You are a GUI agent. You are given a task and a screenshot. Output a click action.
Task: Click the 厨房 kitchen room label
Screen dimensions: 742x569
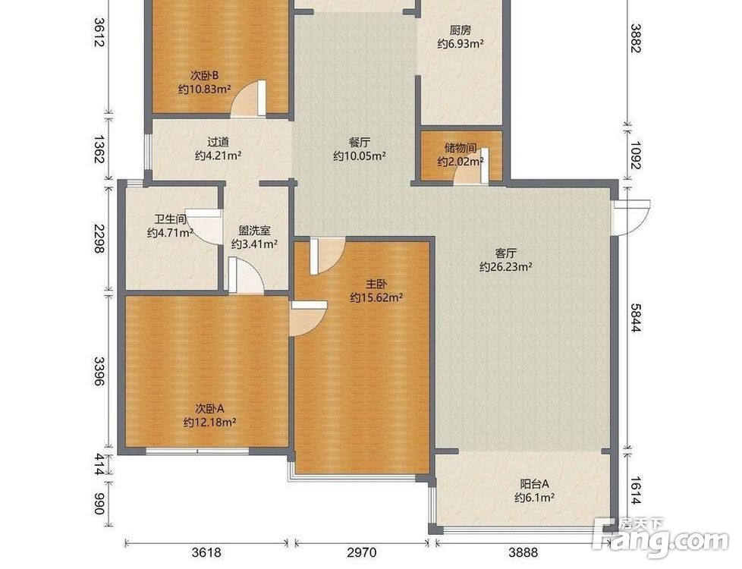point(460,31)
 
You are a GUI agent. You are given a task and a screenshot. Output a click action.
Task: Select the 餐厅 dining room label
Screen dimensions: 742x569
point(359,142)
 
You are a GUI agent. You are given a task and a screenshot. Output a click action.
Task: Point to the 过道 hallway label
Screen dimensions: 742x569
point(219,142)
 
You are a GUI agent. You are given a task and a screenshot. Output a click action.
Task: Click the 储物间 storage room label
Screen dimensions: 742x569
point(460,148)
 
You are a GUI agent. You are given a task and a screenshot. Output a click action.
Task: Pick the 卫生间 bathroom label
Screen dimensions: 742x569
point(171,219)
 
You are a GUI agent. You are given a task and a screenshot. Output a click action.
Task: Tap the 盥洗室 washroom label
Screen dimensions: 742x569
point(254,231)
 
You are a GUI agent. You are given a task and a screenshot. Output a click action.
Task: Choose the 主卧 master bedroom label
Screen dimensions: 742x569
point(376,284)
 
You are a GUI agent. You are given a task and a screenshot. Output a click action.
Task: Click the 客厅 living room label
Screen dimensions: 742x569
point(506,253)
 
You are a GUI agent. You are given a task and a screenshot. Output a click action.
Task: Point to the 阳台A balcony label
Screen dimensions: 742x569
point(534,484)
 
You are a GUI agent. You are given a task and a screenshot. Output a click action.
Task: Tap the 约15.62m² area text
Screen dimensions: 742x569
point(376,297)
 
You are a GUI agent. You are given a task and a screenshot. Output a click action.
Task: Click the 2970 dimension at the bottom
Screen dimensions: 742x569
point(362,552)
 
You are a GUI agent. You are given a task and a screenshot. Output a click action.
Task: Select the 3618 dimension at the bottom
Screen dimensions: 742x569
point(206,552)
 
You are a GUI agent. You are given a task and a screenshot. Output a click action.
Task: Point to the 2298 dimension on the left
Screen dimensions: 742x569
point(99,238)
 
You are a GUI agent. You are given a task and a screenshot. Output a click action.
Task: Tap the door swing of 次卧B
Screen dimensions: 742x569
point(248,98)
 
